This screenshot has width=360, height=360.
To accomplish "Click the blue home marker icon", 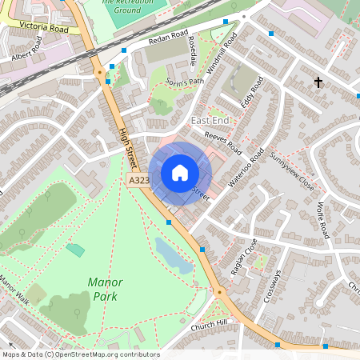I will [180, 173].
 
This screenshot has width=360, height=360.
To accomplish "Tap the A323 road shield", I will [139, 182].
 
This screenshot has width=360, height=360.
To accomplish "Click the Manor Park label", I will [106, 289].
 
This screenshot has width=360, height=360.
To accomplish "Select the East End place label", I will [210, 120].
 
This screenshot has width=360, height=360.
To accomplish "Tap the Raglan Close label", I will [242, 257].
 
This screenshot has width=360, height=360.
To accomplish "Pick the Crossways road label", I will [272, 286].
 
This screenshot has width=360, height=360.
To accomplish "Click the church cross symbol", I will [318, 82].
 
